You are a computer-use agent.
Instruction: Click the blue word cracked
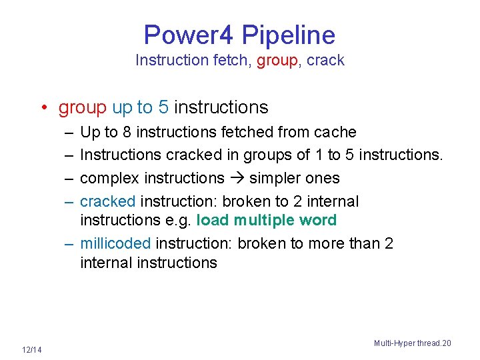click(107, 201)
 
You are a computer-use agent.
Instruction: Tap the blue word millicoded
click(115, 243)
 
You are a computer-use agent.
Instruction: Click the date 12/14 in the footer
click(31, 350)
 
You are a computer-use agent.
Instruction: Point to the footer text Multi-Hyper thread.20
click(412, 343)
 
